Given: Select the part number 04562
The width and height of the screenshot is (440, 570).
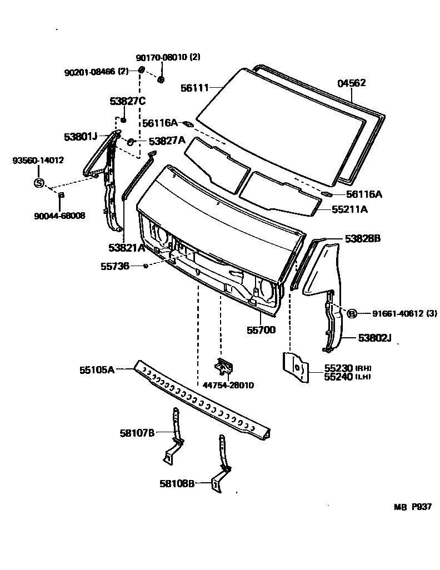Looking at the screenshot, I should [352, 83].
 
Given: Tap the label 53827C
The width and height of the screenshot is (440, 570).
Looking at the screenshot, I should [127, 101].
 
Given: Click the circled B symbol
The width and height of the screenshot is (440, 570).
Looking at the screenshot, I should [351, 314].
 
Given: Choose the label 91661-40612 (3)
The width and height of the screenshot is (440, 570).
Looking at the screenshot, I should [397, 314].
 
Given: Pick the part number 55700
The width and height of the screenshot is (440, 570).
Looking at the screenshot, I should [261, 330].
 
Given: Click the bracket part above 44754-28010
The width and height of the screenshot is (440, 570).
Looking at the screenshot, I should [224, 367].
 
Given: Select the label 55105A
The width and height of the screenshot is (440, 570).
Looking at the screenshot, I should [97, 369].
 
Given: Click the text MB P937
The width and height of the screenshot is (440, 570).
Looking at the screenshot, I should [413, 507].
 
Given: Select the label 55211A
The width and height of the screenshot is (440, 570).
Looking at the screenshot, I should [350, 209].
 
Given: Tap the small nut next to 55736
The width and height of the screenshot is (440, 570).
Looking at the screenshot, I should [145, 267].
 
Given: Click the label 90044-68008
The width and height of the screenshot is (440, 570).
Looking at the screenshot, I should [59, 215].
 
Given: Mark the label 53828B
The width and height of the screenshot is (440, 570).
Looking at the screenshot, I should [362, 238].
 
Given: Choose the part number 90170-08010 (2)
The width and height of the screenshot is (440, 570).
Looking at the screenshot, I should [168, 57].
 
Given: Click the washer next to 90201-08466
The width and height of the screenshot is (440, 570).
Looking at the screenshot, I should [141, 70].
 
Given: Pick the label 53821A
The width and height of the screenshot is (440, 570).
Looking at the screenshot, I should [127, 247].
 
